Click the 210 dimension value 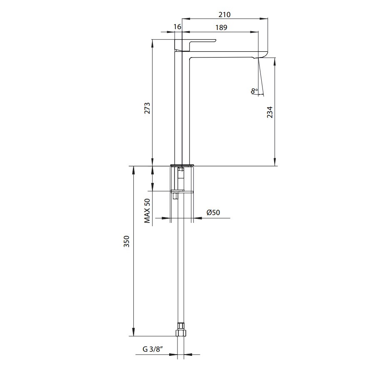(x=225, y=15)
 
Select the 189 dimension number (x=221, y=27)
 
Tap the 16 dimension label (x=177, y=27)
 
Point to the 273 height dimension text (x=147, y=108)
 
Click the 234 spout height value (x=270, y=112)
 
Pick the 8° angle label (x=254, y=91)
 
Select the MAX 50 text (x=147, y=211)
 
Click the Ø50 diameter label (x=213, y=212)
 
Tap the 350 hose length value (x=126, y=241)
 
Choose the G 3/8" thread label (x=152, y=349)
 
